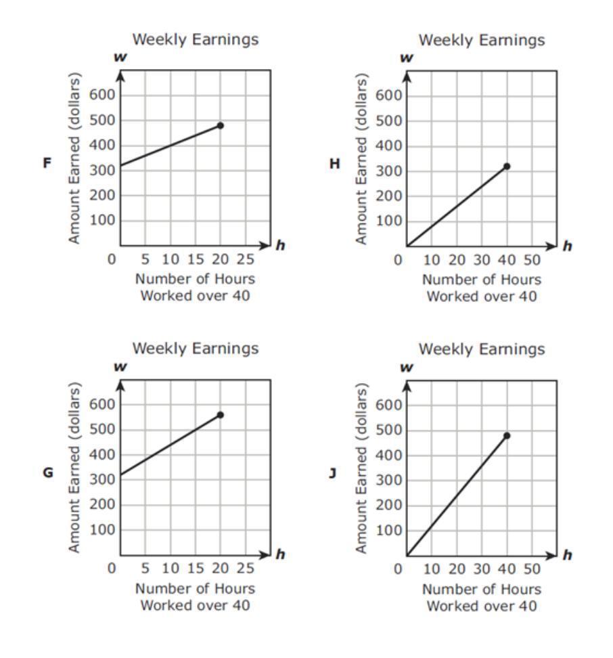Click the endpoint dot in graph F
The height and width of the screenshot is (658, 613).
tap(220, 125)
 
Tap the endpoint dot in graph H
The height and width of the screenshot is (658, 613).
tap(507, 166)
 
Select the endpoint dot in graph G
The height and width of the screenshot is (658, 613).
tap(220, 414)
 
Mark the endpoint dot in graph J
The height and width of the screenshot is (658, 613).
tap(507, 435)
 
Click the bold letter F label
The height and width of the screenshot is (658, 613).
tap(47, 163)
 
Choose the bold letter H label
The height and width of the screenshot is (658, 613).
tap(334, 163)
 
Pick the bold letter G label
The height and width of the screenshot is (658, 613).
tap(48, 473)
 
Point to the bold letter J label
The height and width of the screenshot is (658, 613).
tap(333, 473)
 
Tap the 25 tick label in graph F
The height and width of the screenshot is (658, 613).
tap(245, 260)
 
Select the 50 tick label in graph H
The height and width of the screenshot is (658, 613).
tap(531, 260)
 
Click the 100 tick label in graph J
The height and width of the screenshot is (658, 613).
tap(386, 530)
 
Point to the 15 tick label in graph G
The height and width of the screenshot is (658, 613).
tap(195, 569)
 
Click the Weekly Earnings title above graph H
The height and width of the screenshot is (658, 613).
tap(481, 40)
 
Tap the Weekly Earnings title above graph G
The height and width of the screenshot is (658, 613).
tap(195, 349)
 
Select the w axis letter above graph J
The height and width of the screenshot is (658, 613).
tap(407, 368)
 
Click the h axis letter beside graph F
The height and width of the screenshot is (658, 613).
tap(279, 246)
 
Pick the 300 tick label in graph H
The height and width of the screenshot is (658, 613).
tap(386, 171)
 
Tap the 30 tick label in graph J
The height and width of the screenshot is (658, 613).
tap(482, 569)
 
